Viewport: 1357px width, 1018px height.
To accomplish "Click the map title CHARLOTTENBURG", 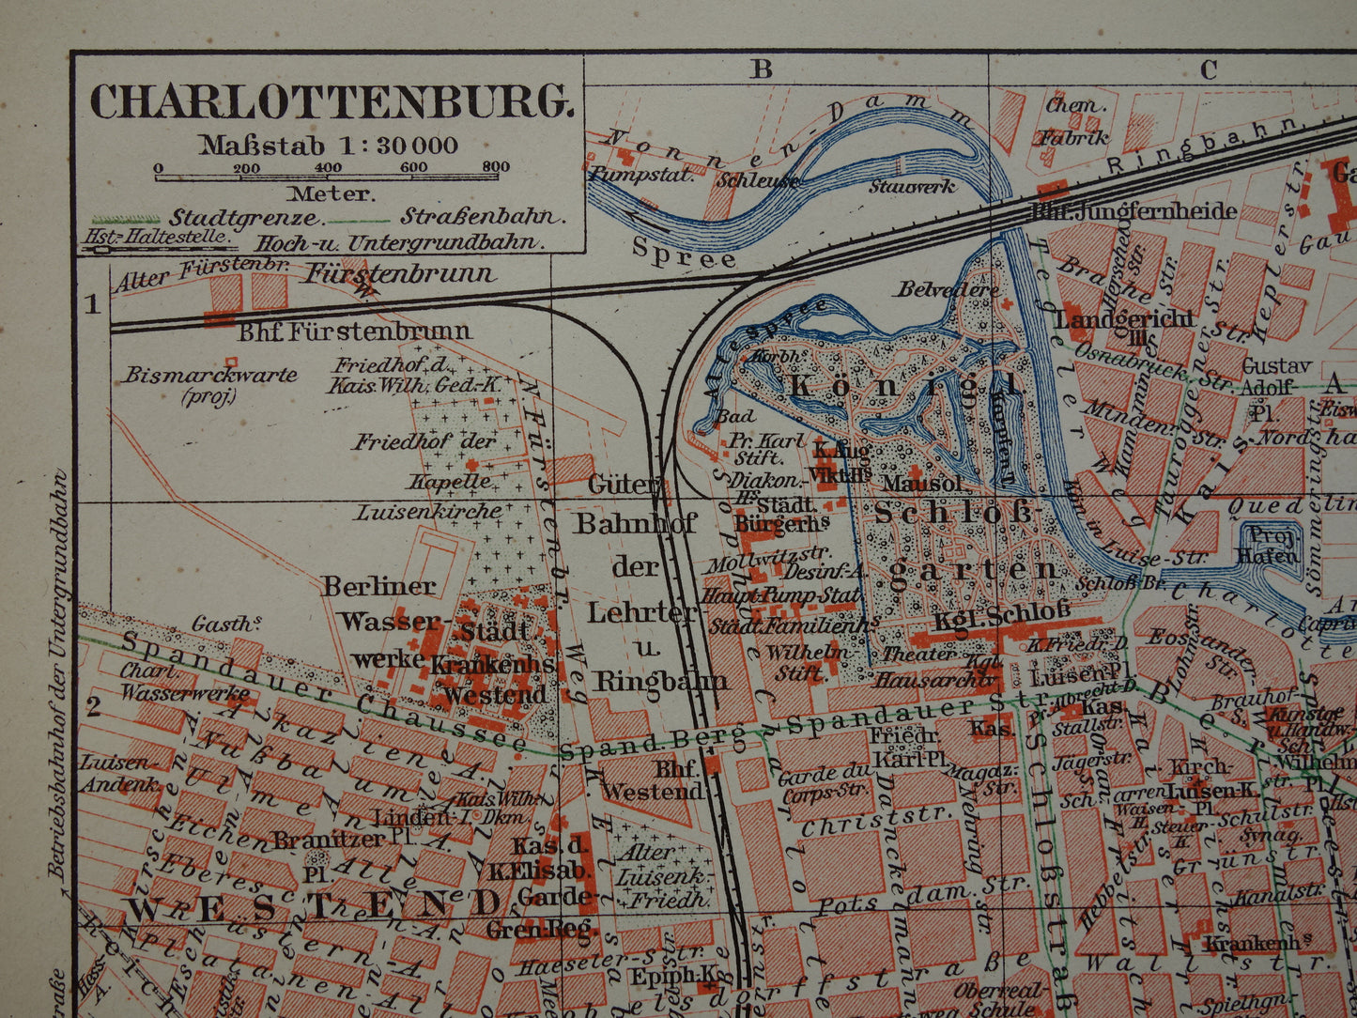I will [x=331, y=101].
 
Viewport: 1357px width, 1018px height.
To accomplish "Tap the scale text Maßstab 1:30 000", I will [x=328, y=145].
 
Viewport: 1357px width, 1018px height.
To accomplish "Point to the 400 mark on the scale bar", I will [x=328, y=168].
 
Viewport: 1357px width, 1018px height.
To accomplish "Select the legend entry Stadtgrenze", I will [x=245, y=217].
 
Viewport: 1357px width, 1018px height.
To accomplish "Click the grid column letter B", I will [x=761, y=69].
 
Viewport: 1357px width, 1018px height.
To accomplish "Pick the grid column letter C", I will [x=1208, y=69].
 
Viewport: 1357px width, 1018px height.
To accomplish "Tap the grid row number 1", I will [x=92, y=303].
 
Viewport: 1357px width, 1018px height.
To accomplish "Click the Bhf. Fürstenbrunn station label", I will [x=354, y=331].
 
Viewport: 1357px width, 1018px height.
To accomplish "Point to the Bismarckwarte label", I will [x=210, y=375].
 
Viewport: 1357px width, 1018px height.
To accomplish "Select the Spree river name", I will [x=684, y=253].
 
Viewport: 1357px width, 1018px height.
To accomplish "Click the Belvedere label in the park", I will [x=948, y=289].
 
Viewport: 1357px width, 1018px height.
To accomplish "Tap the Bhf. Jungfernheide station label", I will [x=1134, y=210].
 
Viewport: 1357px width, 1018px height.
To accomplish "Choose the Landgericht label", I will [x=1123, y=319].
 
